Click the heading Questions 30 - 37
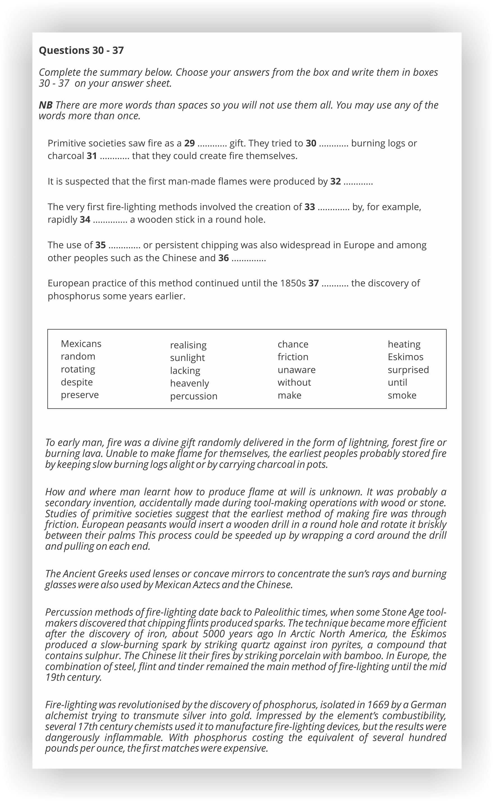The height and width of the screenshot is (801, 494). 81,50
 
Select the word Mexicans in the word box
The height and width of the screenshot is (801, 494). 81,344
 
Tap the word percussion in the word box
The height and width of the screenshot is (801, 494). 193,396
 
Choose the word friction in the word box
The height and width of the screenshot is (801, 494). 293,357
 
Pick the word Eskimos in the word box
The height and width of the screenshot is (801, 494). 405,357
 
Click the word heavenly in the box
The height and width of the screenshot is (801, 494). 189,383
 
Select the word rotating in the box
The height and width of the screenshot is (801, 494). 78,369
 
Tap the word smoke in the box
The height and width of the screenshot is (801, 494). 402,395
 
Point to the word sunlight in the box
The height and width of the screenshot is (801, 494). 187,357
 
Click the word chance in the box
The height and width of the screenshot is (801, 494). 293,344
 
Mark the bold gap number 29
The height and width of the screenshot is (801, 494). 189,143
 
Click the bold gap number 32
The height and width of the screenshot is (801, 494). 335,181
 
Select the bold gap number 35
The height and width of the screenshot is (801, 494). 100,245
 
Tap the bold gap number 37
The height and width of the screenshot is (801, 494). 313,283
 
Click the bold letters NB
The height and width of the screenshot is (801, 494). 45,105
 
